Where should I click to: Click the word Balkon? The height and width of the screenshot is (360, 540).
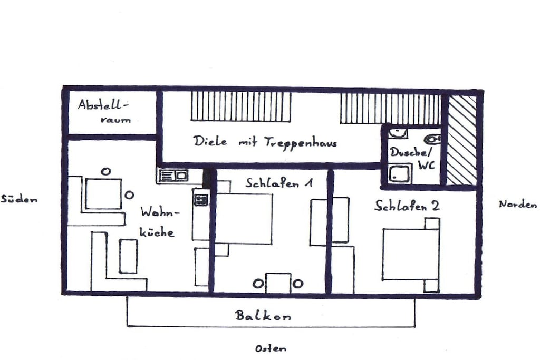coord(263,315)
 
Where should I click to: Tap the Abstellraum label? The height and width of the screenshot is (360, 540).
coord(103,111)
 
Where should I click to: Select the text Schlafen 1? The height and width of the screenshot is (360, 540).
coord(279,182)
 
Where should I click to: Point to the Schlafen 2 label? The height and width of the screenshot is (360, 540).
coord(407,206)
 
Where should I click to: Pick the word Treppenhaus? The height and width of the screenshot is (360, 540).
coord(301,142)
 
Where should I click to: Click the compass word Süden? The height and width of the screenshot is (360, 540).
coord(19,199)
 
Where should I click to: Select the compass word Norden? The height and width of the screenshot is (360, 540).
coord(518,204)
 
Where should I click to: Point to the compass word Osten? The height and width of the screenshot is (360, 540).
coord(271,348)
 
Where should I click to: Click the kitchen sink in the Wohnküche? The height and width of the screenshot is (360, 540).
coord(173,176)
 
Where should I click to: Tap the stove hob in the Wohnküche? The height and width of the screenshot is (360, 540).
coord(201,200)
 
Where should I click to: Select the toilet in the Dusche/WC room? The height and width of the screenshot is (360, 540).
coord(432,139)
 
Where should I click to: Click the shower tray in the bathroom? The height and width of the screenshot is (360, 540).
coord(400,173)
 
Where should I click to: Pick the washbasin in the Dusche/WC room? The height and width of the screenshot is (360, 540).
coord(398,132)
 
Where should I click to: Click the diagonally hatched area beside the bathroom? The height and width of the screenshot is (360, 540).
coord(462,140)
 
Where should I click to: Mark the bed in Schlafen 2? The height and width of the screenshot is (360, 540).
coord(411,255)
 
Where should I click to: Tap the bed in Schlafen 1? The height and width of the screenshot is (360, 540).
coord(244,219)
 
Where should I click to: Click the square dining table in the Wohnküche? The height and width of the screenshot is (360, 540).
coord(103,193)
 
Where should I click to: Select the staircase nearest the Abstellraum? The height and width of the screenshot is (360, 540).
coord(240,106)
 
